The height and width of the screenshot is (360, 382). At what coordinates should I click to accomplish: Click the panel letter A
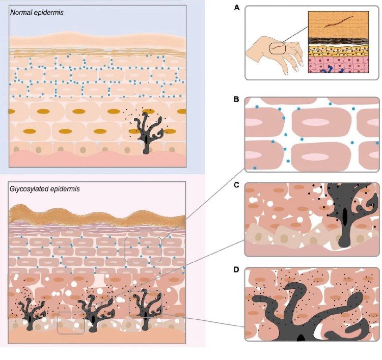[x=249, y=7]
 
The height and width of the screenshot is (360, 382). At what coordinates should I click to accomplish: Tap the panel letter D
[x=249, y=270]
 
